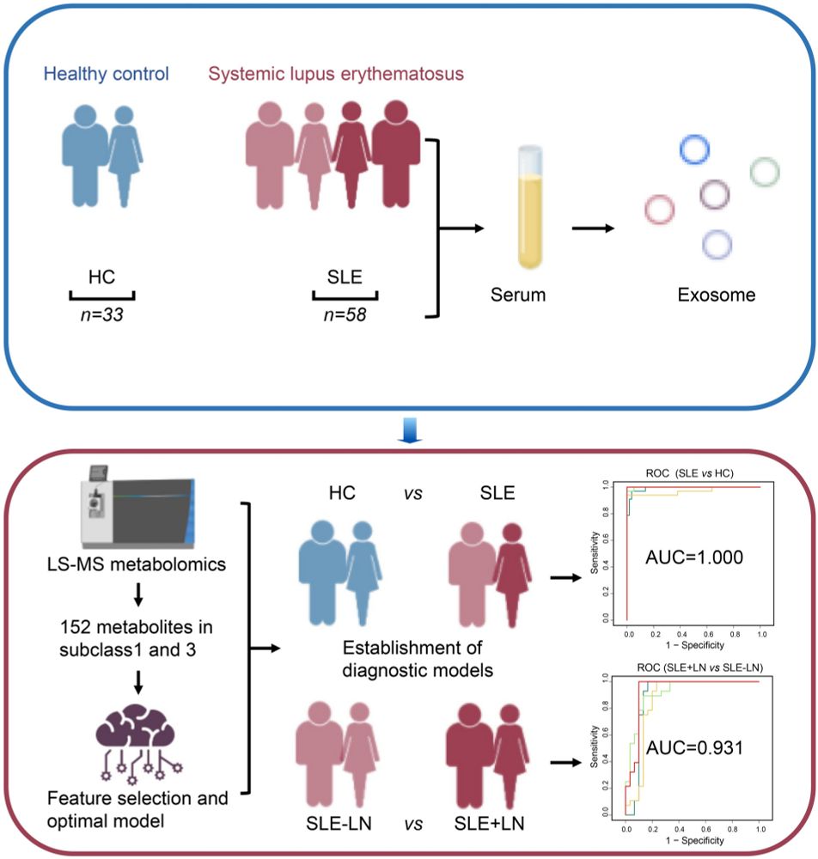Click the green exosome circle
764,173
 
